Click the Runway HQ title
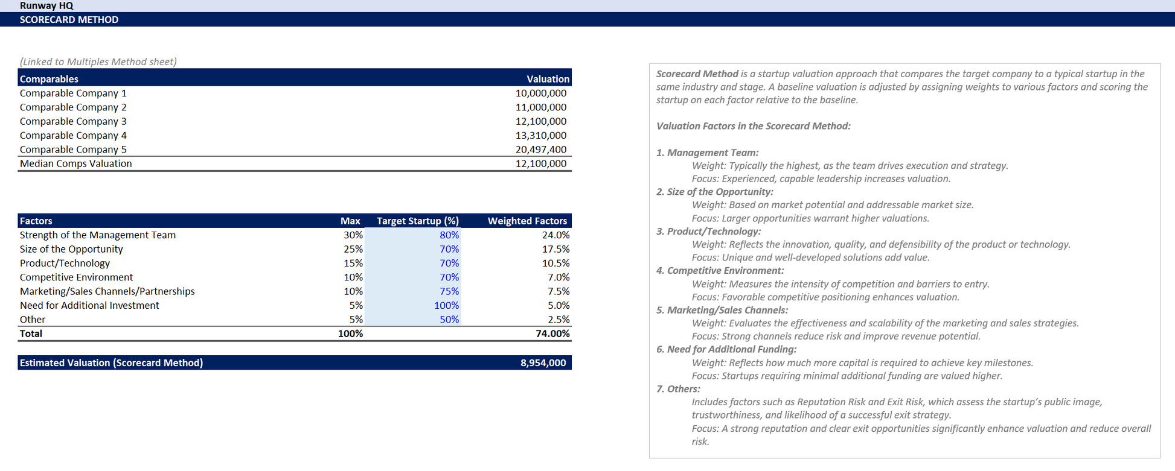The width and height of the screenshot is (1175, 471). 46,5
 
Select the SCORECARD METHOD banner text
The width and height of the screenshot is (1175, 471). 69,19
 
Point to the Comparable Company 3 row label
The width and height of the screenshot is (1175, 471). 73,121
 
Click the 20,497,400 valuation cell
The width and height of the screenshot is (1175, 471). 540,150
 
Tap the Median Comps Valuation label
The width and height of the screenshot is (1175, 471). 75,163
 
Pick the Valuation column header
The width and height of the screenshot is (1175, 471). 548,79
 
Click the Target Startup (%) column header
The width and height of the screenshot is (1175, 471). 417,221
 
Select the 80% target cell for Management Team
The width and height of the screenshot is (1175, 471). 449,235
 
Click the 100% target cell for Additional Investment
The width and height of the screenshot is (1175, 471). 446,306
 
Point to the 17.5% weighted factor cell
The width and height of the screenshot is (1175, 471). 555,249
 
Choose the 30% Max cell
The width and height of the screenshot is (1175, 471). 353,235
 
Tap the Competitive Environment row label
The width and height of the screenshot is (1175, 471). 76,277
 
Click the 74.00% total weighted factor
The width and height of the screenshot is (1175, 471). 552,333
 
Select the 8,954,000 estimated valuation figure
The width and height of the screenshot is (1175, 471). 543,363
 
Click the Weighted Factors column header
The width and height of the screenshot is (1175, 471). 527,221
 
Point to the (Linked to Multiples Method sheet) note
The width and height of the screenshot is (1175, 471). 98,62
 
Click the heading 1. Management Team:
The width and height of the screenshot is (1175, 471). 707,153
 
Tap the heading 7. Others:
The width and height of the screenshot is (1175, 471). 678,389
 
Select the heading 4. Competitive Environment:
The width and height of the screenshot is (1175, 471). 720,271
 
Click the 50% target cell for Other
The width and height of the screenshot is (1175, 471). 449,320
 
